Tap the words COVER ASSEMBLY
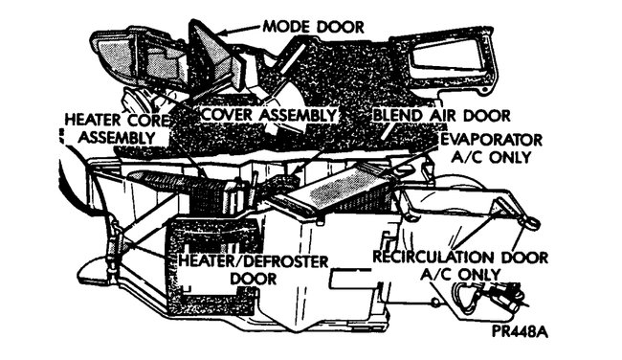tap(270, 114)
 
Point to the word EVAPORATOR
tap(494, 140)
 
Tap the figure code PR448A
tap(522, 334)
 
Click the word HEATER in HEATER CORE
tap(92, 121)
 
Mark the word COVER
tap(228, 114)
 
